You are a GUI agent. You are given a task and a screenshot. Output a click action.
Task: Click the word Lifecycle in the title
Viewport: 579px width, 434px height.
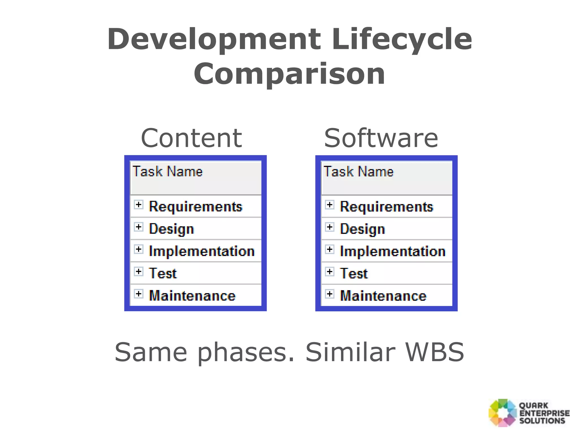402,40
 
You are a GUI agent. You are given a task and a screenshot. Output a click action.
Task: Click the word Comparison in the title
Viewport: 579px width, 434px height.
289,74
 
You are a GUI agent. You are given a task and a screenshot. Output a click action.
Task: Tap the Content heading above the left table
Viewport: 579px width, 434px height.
191,138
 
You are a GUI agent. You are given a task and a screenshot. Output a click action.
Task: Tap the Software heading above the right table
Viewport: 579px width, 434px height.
381,138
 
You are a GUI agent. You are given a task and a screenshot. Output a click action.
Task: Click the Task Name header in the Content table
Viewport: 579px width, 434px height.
168,172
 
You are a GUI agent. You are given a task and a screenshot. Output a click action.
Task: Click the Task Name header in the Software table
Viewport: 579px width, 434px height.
358,172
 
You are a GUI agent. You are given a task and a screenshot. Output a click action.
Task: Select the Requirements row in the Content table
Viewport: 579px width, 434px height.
195,207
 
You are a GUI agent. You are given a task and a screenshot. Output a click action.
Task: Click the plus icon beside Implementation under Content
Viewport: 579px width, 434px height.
139,249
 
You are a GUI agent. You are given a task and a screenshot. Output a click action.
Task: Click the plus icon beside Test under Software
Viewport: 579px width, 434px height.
330,272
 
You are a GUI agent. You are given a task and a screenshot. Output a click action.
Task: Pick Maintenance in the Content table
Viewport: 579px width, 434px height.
192,296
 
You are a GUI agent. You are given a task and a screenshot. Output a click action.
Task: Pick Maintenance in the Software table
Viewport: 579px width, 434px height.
383,296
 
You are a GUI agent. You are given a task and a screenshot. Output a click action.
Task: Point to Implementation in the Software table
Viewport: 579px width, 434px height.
392,251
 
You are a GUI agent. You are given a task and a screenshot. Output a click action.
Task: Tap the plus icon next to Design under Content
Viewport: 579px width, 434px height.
139,227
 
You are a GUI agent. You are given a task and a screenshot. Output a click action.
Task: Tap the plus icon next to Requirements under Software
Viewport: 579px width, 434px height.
330,205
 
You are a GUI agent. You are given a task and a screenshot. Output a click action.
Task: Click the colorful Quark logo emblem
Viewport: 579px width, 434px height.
502,413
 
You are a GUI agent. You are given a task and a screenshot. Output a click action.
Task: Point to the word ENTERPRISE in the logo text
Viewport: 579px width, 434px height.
544,413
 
